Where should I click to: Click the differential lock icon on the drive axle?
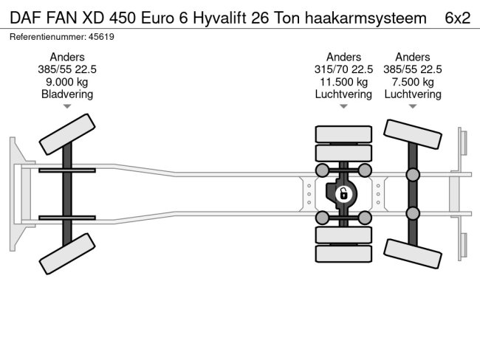[x=343, y=195]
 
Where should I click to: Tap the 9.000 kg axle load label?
[x=67, y=82]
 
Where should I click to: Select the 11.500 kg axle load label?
[x=343, y=82]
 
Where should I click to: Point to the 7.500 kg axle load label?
[x=413, y=82]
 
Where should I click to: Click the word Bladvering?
[x=67, y=94]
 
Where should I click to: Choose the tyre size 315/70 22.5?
[x=343, y=69]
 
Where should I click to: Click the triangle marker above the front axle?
[x=67, y=107]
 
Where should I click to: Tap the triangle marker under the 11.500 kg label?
[x=343, y=107]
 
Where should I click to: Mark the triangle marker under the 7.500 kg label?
[x=413, y=107]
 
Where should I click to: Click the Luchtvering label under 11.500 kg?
[x=343, y=94]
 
